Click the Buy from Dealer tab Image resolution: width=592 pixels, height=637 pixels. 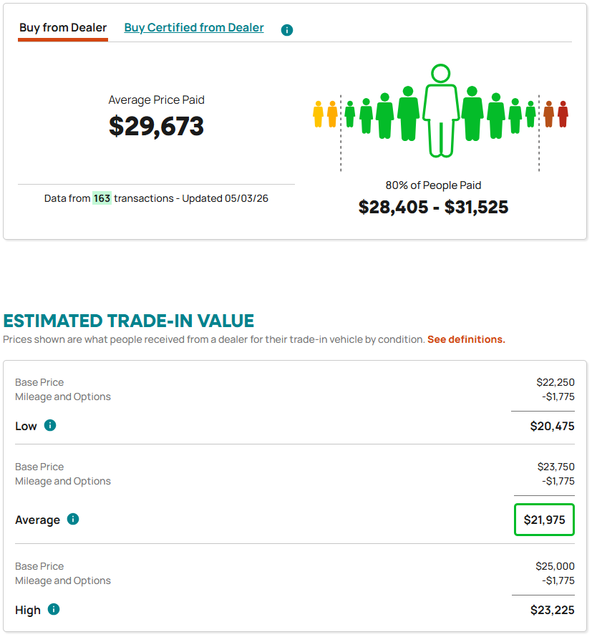pos(63,28)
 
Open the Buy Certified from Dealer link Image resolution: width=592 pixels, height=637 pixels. pos(194,28)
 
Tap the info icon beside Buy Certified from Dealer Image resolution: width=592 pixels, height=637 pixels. pos(287,30)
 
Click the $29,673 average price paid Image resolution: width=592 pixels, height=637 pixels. pos(157,126)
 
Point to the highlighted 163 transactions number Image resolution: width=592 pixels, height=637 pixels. pos(102,198)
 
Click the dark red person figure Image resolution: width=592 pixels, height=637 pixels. pos(563,114)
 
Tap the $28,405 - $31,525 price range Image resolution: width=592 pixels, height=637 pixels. pos(433,207)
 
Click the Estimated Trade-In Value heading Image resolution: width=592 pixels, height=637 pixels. pos(128,321)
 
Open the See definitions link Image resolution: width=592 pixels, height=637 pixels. pos(466,339)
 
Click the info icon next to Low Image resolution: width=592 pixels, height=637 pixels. pos(50,425)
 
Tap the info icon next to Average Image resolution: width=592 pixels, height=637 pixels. pos(73,519)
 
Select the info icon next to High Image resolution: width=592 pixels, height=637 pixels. pos(54,609)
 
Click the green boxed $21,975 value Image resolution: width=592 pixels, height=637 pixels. pos(544,520)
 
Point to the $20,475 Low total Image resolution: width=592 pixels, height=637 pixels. pos(552,426)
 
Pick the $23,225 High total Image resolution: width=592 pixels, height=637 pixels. pos(552,611)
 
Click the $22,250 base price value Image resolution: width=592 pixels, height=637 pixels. pos(555,382)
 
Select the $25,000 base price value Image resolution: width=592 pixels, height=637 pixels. pos(555,566)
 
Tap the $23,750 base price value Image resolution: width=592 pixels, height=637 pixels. pos(555,467)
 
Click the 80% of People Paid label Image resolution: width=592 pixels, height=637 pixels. pos(433,185)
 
